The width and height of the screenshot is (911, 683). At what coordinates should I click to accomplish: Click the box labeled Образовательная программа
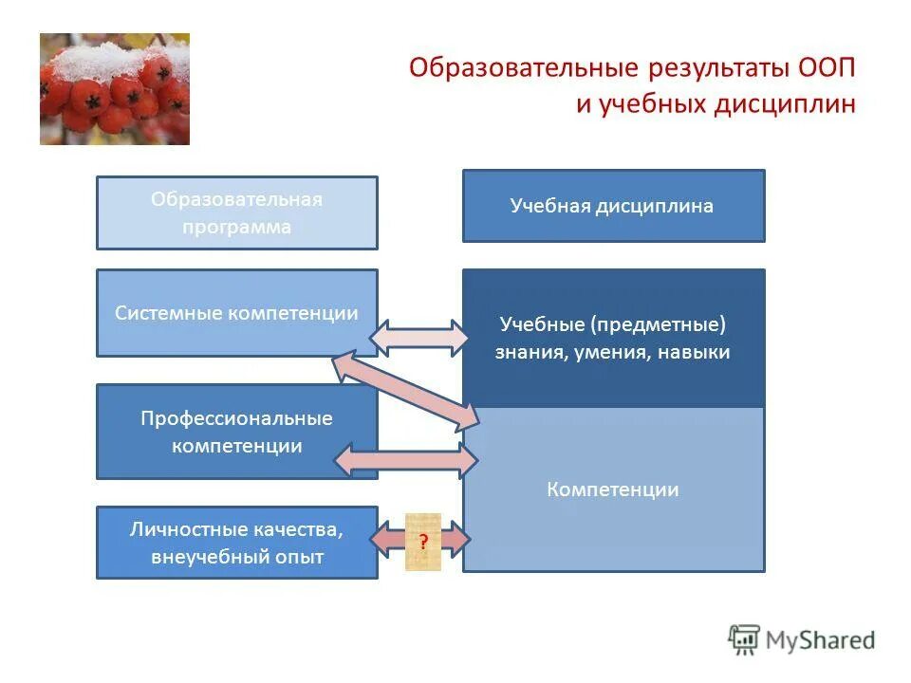click(x=236, y=212)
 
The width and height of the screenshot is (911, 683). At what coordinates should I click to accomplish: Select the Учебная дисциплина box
click(x=612, y=206)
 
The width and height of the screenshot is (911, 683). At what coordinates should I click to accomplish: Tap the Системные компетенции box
click(x=236, y=313)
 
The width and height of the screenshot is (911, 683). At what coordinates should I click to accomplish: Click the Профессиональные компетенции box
click(x=236, y=432)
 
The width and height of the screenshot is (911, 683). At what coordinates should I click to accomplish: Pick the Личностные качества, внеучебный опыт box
click(x=236, y=544)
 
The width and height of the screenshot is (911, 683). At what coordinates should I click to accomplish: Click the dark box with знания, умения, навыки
click(x=612, y=338)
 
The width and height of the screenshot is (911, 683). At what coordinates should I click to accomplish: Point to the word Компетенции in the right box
click(x=612, y=489)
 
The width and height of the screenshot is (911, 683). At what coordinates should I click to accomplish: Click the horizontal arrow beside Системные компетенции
click(x=418, y=338)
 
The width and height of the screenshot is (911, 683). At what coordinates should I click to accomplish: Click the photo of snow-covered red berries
click(x=114, y=89)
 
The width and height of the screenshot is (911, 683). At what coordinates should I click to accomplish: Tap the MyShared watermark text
click(x=821, y=640)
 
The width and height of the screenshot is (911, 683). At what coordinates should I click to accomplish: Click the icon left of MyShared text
click(x=744, y=639)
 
